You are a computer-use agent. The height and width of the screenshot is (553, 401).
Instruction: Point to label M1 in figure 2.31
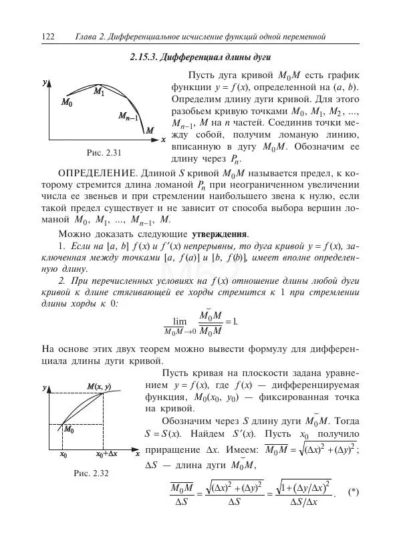[x=98, y=91]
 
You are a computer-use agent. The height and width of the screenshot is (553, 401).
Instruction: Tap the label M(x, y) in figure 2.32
[x=99, y=387]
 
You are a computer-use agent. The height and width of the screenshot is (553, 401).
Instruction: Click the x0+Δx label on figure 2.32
[x=106, y=454]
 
